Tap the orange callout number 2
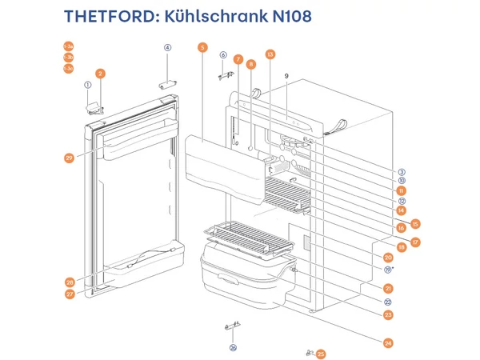[100, 74]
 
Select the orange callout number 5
[202, 48]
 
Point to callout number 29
[70, 158]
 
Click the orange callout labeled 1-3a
[68, 69]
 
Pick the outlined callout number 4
[168, 48]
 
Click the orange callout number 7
[238, 59]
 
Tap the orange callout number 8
[251, 64]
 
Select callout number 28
[70, 282]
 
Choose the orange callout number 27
[70, 294]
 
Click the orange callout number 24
[388, 343]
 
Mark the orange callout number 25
[321, 354]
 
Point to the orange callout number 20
[388, 258]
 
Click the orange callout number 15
[415, 223]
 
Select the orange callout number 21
[388, 288]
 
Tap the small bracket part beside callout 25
[310, 352]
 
